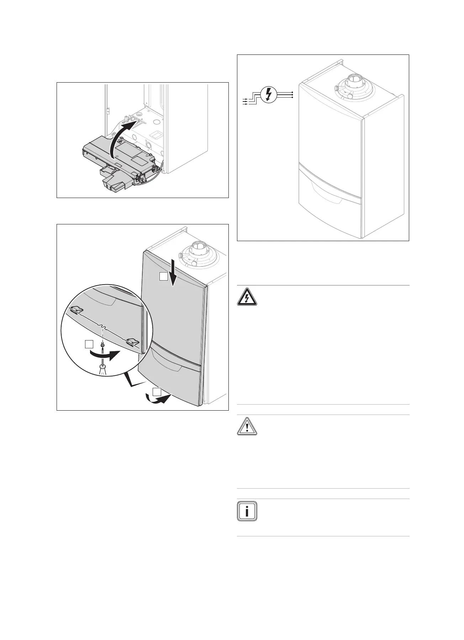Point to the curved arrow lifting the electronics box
click(x=121, y=139)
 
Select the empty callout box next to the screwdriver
click(x=89, y=344)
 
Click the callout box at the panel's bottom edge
click(x=157, y=392)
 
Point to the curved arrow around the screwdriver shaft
click(x=103, y=355)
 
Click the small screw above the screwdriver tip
click(x=102, y=345)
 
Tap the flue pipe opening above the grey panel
click(x=197, y=246)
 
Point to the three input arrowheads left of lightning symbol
click(x=245, y=101)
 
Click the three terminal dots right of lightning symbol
click(x=292, y=95)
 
